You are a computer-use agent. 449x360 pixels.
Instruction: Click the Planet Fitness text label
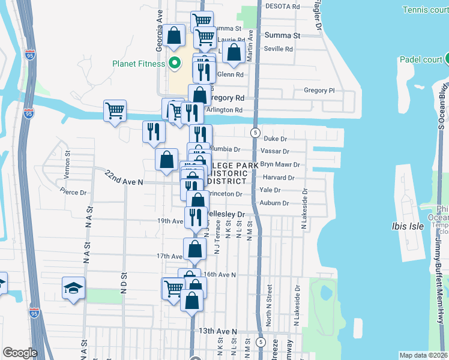(138, 64)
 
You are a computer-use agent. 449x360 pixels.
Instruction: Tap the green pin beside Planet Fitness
(175, 62)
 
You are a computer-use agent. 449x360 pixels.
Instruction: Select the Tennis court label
(426, 10)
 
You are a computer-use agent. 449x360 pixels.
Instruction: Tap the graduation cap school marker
(73, 289)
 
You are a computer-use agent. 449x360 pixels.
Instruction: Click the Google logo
(20, 353)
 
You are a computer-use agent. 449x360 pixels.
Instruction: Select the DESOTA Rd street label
(282, 7)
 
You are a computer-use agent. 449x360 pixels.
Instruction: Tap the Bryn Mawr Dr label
(280, 164)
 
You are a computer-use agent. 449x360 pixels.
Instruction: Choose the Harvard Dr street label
(279, 178)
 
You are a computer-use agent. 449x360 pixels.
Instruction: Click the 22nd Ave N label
(124, 178)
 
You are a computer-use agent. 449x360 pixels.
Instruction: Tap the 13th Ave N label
(218, 331)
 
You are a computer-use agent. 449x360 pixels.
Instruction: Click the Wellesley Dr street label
(226, 214)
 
